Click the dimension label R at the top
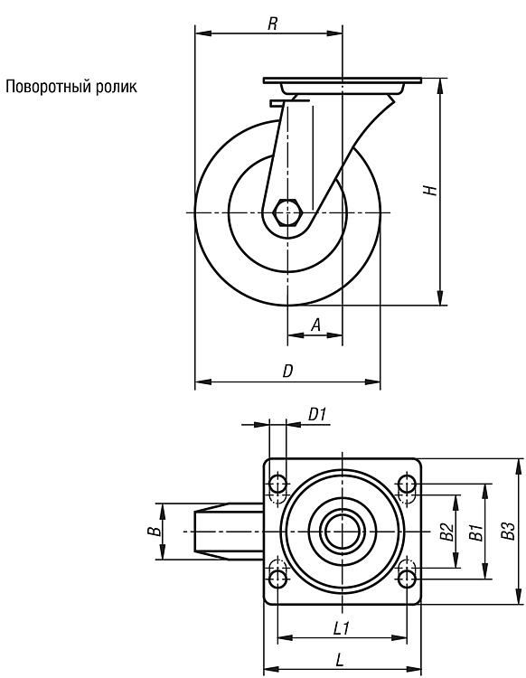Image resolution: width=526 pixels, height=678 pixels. coord(272,24)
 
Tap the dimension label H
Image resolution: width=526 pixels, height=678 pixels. coord(430,190)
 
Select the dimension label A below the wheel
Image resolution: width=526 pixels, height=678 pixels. coord(316,325)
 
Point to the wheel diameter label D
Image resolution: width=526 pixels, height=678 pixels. coord(287,371)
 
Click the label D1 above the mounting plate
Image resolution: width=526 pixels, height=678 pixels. coord(317,415)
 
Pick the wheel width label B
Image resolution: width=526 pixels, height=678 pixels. coord(154,532)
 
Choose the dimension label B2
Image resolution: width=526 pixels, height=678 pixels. coord(446,532)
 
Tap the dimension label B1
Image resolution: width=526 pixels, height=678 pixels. coord(476,532)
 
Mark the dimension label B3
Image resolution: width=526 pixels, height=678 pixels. coord(509,531)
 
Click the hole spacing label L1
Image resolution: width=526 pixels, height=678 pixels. coord(342,628)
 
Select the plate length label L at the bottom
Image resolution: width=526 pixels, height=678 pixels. coord(340,660)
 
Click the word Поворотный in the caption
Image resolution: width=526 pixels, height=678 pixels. coord(49,87)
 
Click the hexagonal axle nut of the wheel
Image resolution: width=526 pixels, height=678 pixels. coord(287,212)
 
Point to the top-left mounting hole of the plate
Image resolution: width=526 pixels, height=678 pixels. coord(277,484)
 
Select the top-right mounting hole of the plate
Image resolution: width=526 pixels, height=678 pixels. coord(407,484)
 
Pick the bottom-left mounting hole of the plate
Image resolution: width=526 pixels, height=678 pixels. coord(277,579)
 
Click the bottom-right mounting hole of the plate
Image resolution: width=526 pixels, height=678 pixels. coord(407,579)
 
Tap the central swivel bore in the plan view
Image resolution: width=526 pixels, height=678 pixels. coord(342,532)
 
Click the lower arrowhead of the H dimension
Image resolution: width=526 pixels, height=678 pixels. coord(440,297)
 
